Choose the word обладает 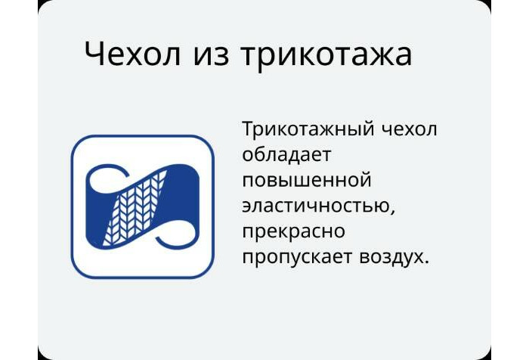tap(287, 154)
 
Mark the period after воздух tap(427, 262)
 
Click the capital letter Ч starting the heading tap(94, 54)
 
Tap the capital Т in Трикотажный tap(249, 129)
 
